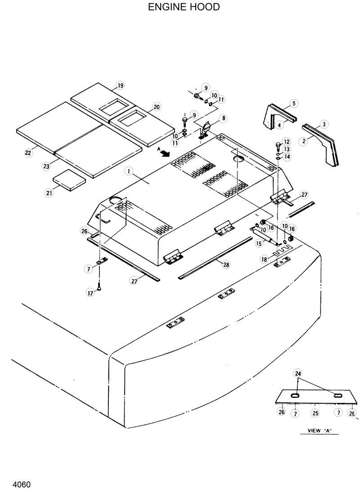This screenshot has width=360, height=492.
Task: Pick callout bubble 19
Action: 120,86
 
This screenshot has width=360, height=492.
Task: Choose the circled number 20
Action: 156,107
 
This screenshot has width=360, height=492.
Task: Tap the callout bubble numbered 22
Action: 28,153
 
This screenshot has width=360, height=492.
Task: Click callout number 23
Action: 46,166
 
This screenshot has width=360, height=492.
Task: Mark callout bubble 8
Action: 223,119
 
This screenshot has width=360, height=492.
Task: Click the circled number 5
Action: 293,104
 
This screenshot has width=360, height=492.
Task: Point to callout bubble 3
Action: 324,124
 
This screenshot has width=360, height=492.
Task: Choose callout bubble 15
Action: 258,243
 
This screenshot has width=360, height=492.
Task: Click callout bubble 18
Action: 265,259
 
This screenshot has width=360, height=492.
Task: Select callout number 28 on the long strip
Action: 226,265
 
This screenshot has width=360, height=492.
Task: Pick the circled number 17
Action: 90,293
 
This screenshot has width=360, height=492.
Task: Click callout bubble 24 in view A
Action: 298,373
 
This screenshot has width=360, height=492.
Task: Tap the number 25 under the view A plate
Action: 315,412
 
